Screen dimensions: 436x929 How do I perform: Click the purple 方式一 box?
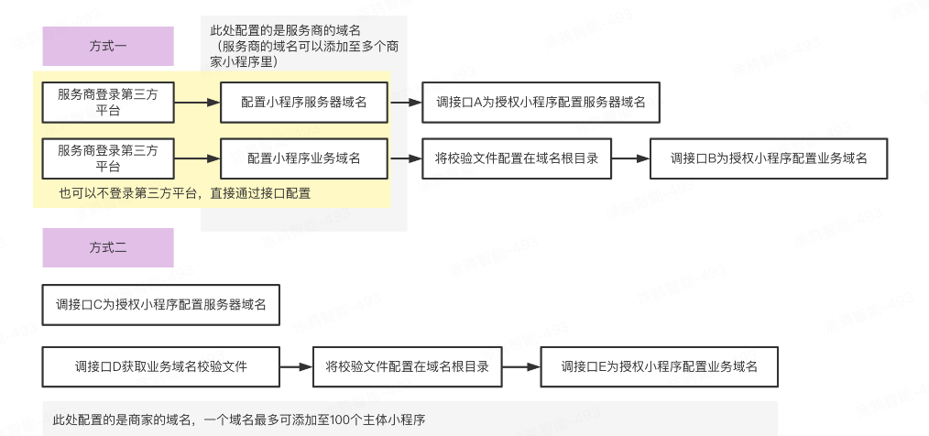pos(107,46)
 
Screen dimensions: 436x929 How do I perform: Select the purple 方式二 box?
pos(107,247)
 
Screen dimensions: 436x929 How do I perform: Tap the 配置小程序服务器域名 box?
pos(303,103)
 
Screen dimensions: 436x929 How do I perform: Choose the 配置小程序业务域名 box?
pos(303,158)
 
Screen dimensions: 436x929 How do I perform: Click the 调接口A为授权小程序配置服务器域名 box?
pos(541,103)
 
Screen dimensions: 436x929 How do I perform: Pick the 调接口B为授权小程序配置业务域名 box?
pos(768,158)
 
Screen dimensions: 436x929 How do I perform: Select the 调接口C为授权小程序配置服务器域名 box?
pos(160,305)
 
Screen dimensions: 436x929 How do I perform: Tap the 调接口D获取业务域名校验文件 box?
pos(160,366)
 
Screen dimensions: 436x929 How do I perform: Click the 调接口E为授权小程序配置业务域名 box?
pos(659,366)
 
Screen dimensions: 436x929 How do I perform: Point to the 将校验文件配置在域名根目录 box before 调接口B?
pos(517,158)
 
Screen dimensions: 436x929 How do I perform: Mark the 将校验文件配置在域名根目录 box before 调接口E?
pos(407,366)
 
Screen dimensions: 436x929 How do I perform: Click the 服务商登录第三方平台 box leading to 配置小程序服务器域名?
pos(107,103)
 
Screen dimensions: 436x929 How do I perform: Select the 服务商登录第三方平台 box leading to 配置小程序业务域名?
pos(107,158)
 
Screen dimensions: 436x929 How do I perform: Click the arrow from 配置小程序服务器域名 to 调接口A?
pos(404,103)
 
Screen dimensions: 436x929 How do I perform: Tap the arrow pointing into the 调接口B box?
pos(630,158)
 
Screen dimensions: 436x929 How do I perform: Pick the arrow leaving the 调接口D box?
pos(295,366)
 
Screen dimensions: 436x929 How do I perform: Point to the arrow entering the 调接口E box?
pos(521,366)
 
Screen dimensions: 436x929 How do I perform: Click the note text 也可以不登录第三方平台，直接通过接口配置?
pos(185,193)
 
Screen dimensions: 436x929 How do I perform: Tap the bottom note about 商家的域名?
pos(239,420)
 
